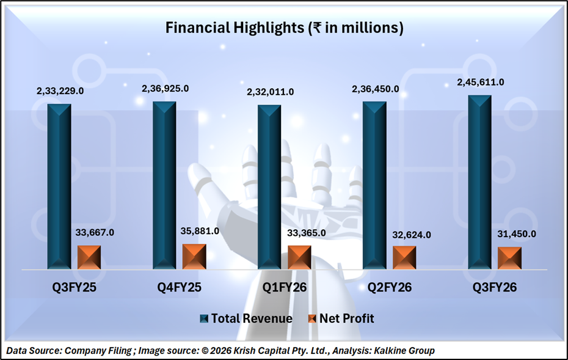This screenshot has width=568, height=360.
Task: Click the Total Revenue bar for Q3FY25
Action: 59,186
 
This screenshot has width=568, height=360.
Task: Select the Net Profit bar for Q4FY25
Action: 194,257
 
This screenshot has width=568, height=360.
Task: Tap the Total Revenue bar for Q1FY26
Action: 269,186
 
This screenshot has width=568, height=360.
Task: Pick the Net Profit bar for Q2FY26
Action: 404,257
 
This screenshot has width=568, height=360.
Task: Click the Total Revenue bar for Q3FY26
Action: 479,182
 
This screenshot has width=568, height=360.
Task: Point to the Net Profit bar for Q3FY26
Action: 509,258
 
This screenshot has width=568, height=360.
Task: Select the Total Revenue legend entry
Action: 246,318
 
